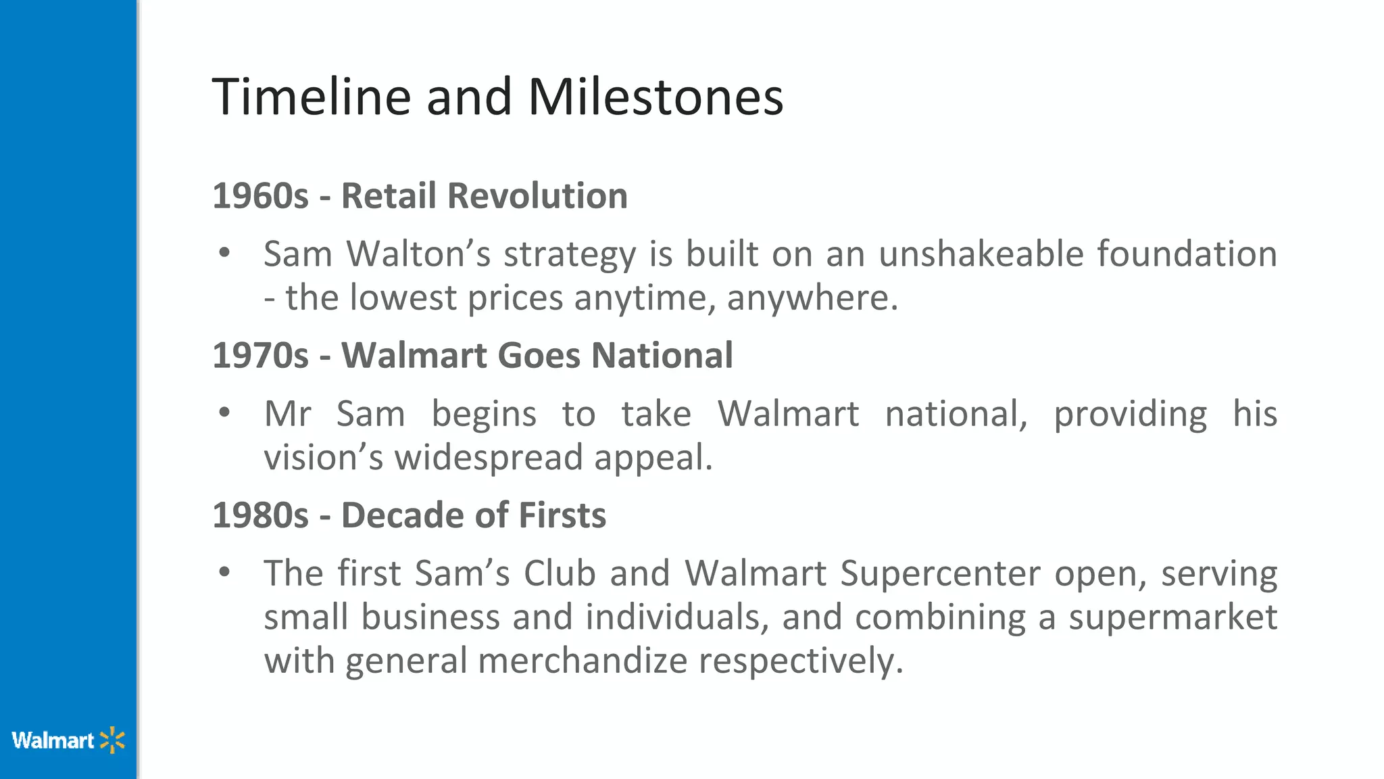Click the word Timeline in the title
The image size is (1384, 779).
[311, 97]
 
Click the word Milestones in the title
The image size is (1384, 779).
[655, 97]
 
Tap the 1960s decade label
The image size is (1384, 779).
[260, 196]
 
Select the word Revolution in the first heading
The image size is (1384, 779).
[537, 196]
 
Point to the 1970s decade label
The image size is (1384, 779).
[260, 356]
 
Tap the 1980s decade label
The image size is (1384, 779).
[260, 515]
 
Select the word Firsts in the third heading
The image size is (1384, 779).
[562, 515]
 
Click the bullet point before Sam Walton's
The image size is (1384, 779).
[224, 254]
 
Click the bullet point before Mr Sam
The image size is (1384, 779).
[224, 413]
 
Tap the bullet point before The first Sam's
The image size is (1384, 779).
[224, 573]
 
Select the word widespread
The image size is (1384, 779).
[488, 458]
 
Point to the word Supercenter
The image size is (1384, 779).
[940, 573]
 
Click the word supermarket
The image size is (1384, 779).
[1172, 617]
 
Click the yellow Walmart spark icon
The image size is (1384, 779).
[112, 740]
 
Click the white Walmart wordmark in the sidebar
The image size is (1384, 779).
[53, 740]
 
